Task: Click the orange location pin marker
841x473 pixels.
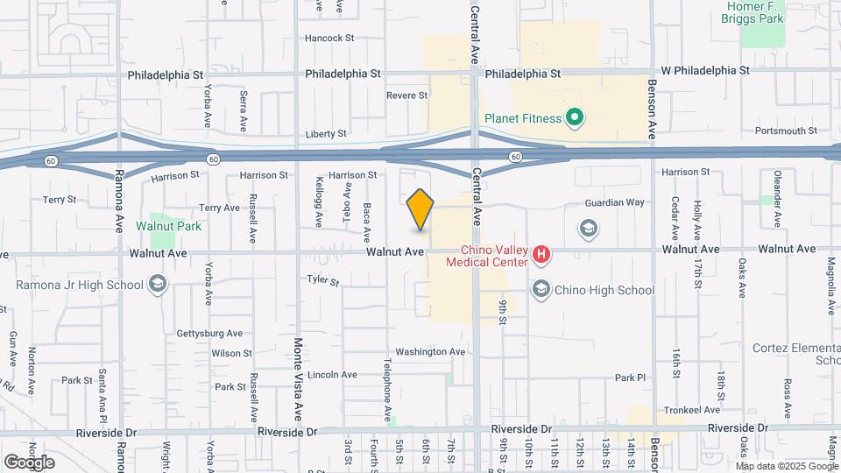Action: pyautogui.click(x=420, y=209)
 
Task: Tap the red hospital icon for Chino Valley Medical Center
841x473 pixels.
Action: pyautogui.click(x=542, y=255)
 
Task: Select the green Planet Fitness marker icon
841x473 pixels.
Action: pyautogui.click(x=575, y=117)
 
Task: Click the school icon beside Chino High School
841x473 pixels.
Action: pyautogui.click(x=541, y=290)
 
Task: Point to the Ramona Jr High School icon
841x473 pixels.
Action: pyautogui.click(x=158, y=284)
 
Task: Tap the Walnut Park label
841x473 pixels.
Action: pyautogui.click(x=168, y=226)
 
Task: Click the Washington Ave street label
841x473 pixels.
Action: pyautogui.click(x=429, y=352)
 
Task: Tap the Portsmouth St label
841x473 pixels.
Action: pyautogui.click(x=786, y=131)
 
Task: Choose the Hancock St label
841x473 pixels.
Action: pyautogui.click(x=329, y=39)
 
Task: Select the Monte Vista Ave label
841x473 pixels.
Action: pyautogui.click(x=299, y=378)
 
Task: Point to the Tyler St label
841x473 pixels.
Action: pyautogui.click(x=322, y=281)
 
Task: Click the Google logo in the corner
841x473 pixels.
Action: pyautogui.click(x=29, y=462)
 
